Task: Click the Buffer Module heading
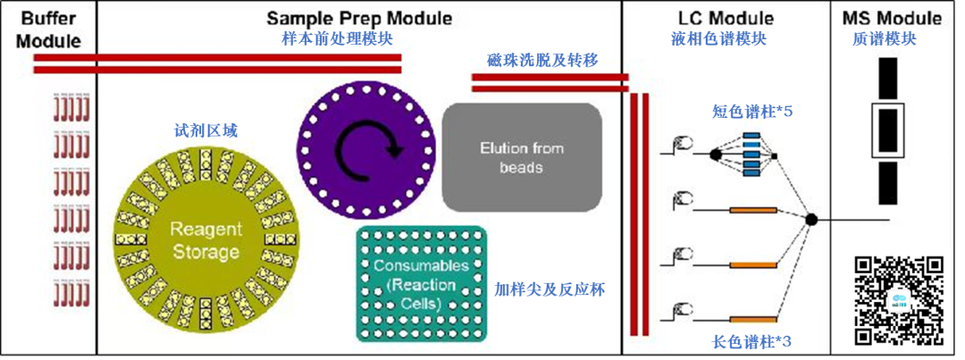pyautogui.click(x=48, y=29)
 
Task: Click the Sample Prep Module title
pyautogui.click(x=359, y=18)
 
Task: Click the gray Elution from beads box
pyautogui.click(x=522, y=157)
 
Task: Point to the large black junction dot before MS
pyautogui.click(x=810, y=219)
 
